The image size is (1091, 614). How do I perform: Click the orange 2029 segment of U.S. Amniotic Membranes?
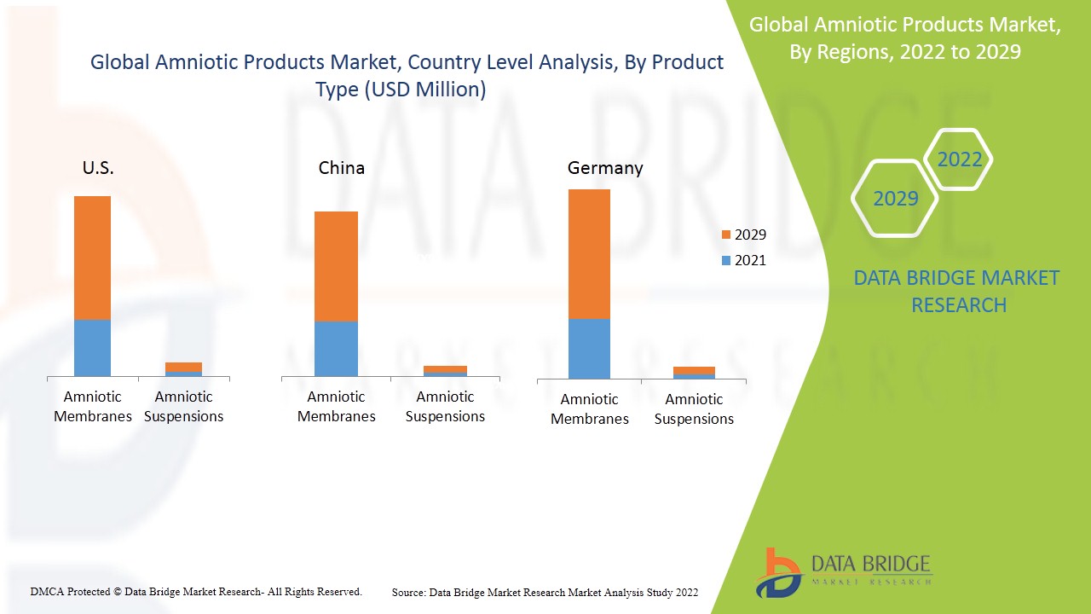pos(92,258)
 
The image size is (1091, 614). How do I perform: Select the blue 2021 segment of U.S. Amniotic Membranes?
pos(92,347)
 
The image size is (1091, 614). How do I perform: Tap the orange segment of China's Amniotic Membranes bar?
pos(336,266)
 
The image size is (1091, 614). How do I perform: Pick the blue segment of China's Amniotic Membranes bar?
pos(336,348)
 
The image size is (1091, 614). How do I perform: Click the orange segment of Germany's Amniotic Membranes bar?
pos(589,254)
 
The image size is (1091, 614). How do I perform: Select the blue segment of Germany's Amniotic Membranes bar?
pos(589,348)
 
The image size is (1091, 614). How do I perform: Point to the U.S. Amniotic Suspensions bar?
pos(183,368)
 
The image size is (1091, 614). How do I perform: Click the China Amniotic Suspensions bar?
pos(445,370)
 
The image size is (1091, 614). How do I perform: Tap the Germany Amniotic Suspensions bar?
pos(694,372)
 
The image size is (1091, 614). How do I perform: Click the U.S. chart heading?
pos(98,168)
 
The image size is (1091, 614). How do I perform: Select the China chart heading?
pos(341,168)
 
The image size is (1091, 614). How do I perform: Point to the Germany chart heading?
pos(605,168)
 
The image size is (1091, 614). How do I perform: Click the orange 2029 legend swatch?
pos(725,235)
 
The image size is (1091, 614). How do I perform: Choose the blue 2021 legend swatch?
pos(725,260)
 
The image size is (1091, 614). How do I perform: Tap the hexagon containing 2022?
pos(959,159)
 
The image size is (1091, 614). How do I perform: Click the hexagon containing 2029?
pos(895,199)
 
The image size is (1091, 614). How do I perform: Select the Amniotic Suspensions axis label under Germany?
pos(694,408)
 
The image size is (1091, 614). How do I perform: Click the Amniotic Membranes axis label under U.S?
pos(93,406)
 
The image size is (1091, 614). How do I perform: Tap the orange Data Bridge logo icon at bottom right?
pos(777,572)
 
